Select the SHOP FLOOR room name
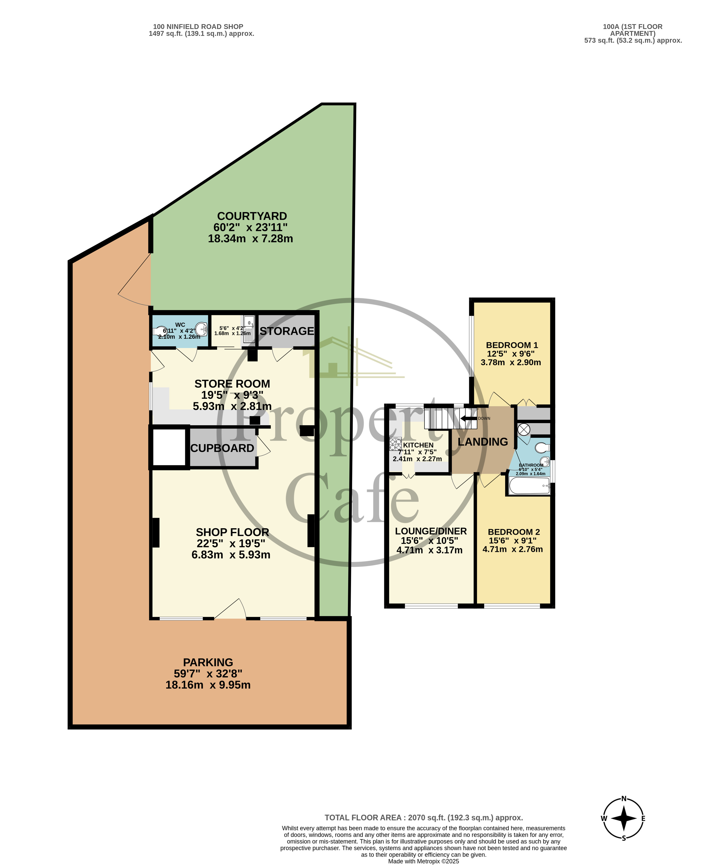[x=232, y=532]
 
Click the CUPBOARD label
[x=222, y=448]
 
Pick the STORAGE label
[x=287, y=331]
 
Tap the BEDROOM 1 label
[x=512, y=345]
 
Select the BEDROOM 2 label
[x=514, y=532]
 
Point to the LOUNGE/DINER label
[x=431, y=531]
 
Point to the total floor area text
[x=424, y=817]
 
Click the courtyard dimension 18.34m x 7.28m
[x=251, y=239]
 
